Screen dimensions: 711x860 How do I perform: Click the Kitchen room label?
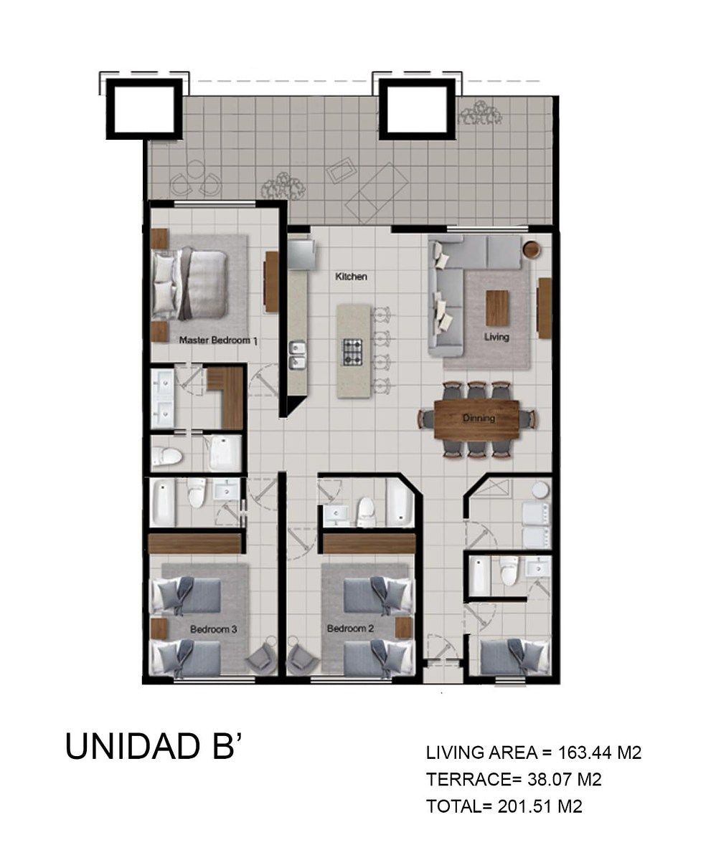(351, 277)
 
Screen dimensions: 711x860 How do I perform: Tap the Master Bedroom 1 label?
(219, 340)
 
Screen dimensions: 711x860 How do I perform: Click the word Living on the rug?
(496, 337)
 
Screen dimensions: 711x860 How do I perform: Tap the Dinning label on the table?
(479, 418)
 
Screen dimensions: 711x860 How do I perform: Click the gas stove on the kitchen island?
(352, 352)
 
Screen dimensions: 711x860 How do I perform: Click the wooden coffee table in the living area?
(497, 308)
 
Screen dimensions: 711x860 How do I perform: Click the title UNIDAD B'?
(153, 746)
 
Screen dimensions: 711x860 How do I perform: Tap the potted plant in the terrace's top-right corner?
(481, 113)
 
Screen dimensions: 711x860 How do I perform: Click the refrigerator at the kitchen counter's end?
(302, 255)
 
